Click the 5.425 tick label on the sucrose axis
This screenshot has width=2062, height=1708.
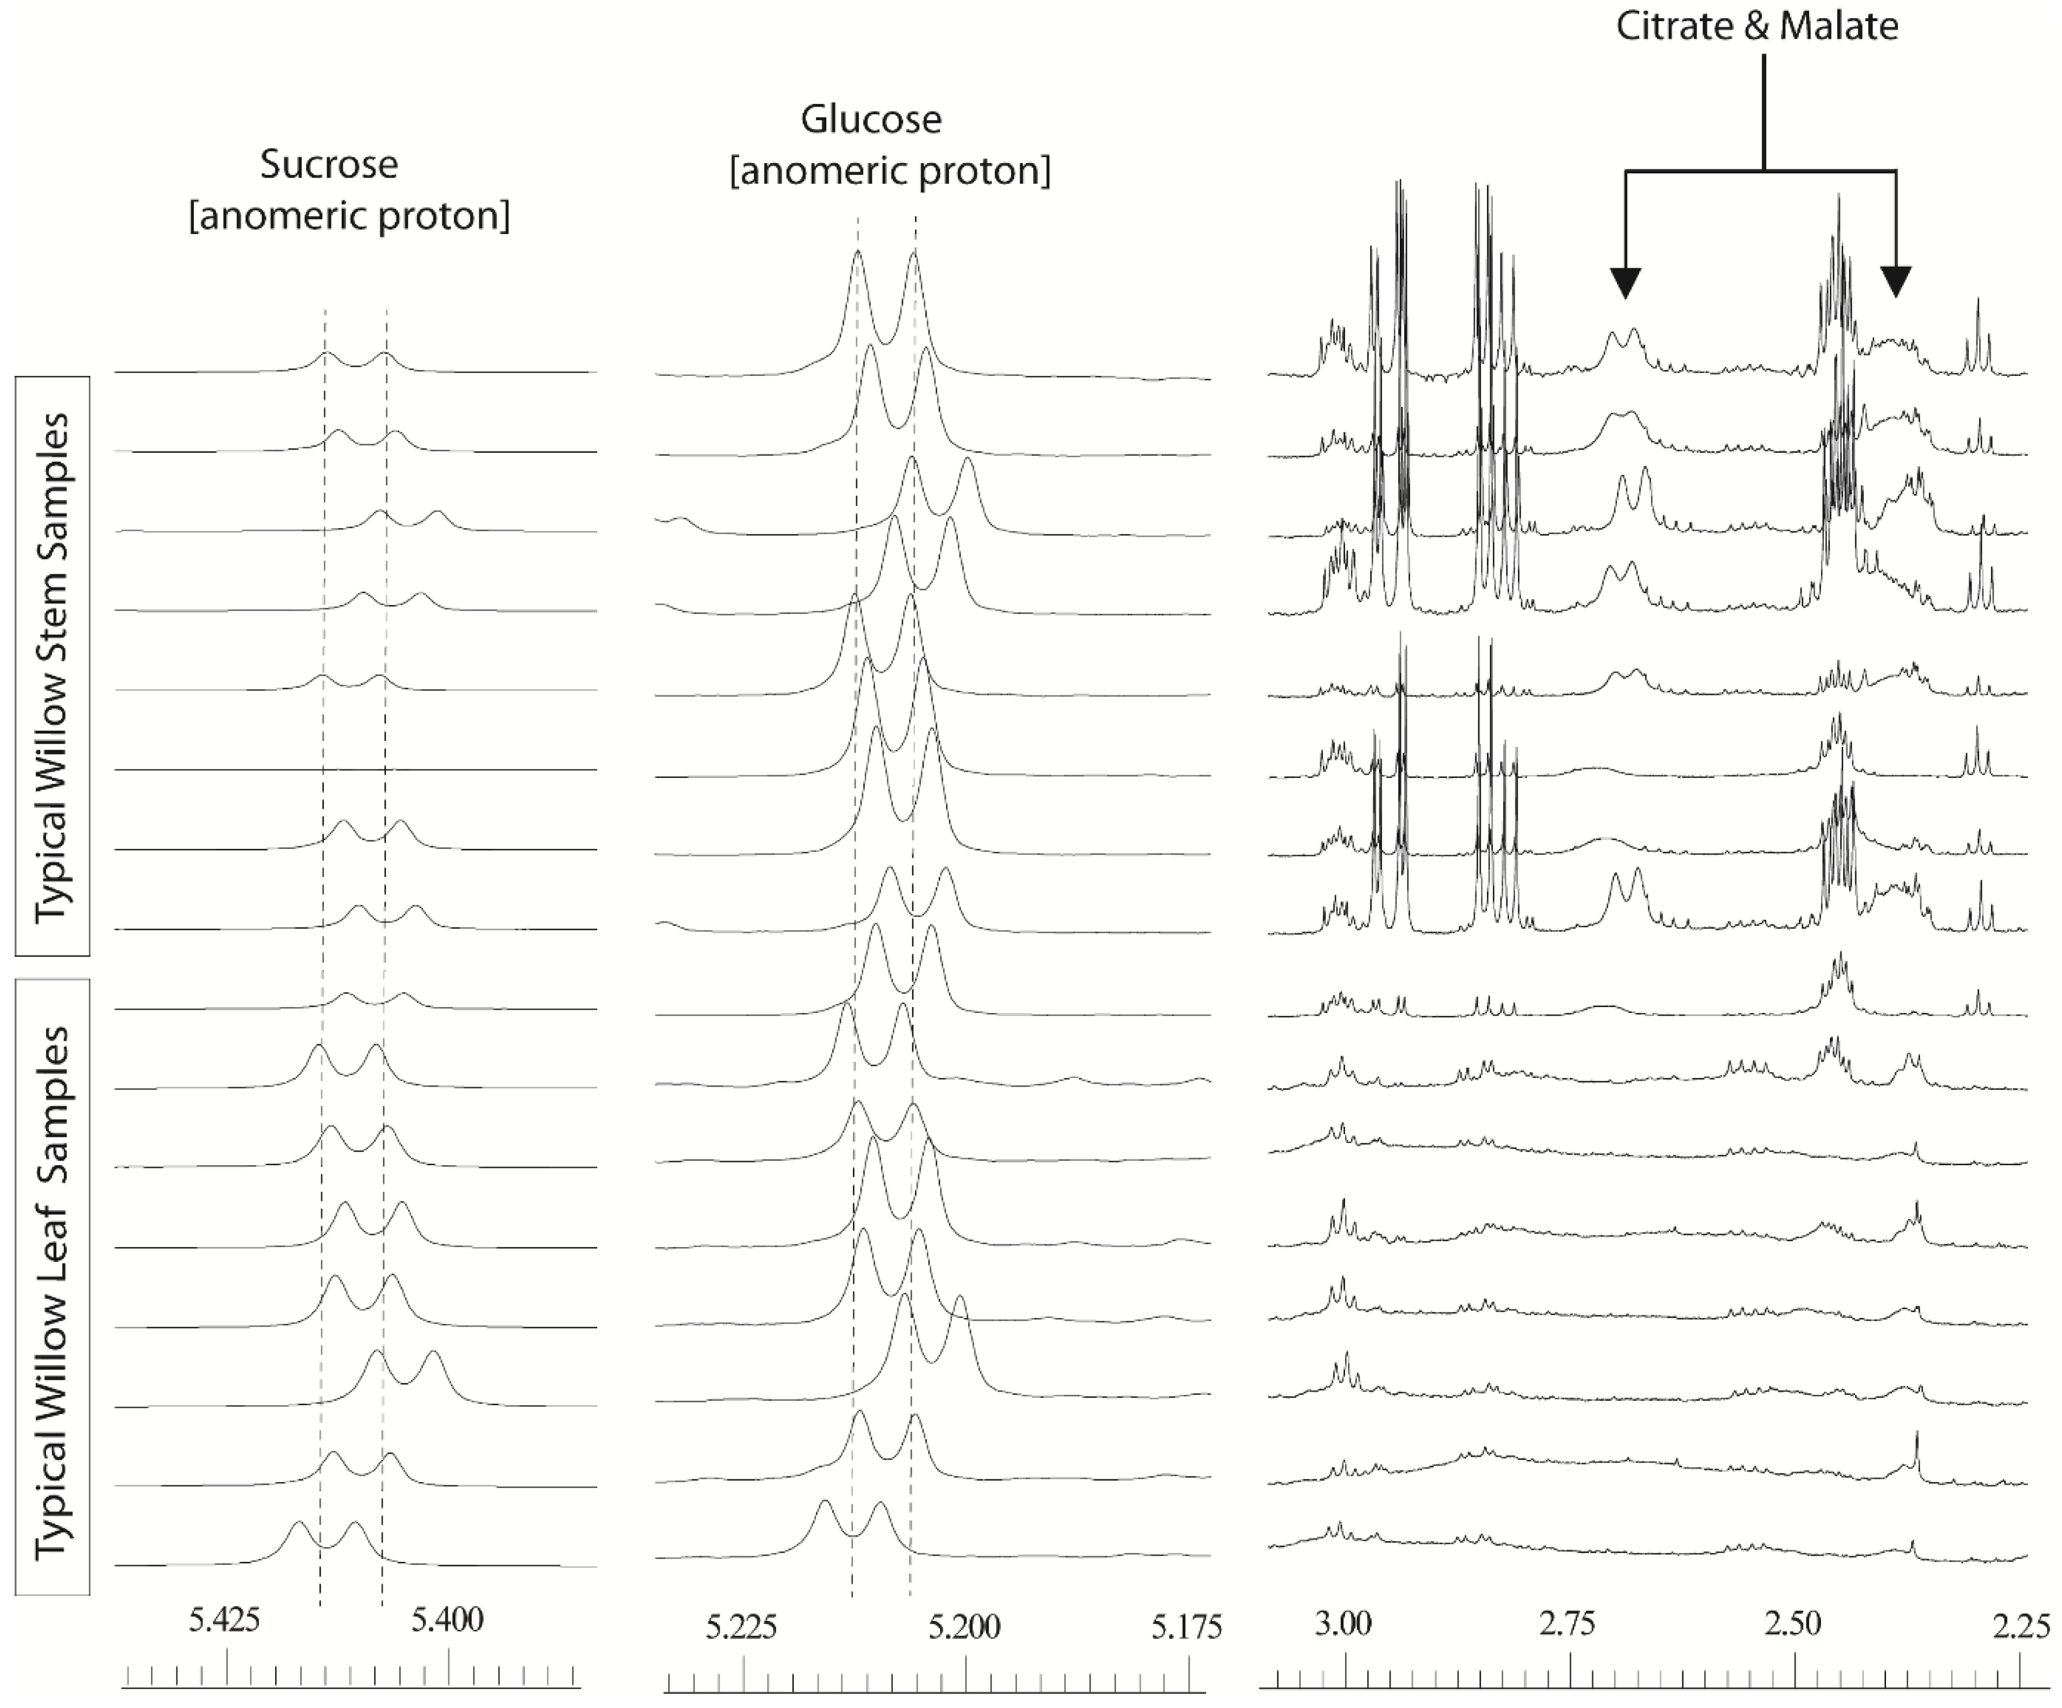[225, 1620]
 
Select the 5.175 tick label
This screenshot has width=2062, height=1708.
[1186, 1627]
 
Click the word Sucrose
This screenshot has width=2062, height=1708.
[329, 164]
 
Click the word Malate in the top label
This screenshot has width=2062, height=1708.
[1838, 25]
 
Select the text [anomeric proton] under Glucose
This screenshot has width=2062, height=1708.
[890, 171]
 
